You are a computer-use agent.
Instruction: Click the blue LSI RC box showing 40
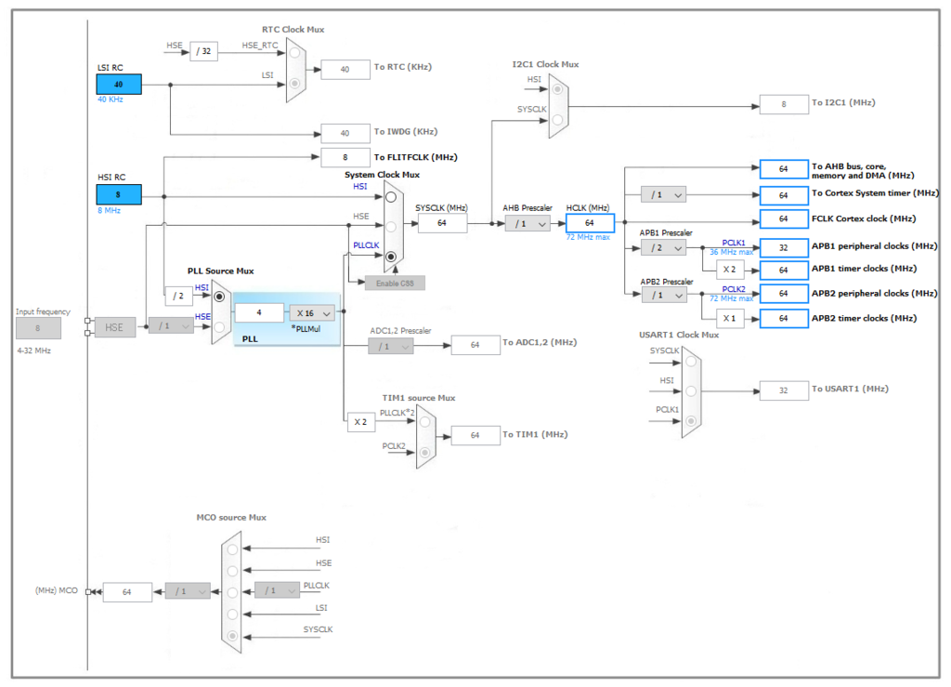119,85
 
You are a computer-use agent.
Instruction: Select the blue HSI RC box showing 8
119,194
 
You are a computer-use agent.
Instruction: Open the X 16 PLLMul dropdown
311,313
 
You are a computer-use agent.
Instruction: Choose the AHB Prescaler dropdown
528,223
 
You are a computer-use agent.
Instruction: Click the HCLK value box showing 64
590,223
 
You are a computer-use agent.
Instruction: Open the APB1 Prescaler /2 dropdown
663,247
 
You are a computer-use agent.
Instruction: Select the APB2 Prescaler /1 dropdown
663,294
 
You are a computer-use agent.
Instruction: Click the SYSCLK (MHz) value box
442,223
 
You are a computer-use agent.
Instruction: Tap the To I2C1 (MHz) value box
784,104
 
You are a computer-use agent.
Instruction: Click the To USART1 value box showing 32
784,390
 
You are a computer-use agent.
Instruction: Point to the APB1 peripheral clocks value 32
784,247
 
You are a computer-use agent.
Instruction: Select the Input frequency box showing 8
38,328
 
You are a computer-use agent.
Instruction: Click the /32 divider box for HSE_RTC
204,51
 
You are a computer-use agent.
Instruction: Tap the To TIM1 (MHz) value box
475,435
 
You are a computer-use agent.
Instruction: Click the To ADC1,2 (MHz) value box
475,345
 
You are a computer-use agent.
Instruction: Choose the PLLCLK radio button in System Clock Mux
391,256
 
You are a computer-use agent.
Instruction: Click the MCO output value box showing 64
127,592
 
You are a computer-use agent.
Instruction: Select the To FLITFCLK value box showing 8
345,158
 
